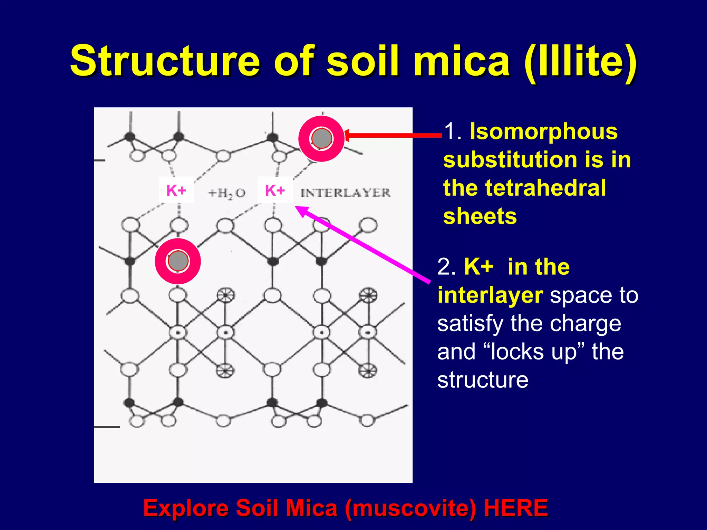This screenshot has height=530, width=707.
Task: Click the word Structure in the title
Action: (165, 61)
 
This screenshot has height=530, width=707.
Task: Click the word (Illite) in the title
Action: (580, 61)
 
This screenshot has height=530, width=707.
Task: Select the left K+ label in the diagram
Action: (176, 190)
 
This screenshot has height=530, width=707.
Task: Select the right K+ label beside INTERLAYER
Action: (275, 190)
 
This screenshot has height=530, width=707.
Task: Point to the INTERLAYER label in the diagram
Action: (345, 193)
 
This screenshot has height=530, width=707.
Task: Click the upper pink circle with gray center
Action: (321, 138)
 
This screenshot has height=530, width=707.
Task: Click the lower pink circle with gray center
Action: (178, 261)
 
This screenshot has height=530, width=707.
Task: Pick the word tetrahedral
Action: (545, 188)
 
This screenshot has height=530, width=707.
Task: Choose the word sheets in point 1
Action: (480, 216)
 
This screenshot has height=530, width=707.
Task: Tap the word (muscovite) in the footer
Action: (410, 508)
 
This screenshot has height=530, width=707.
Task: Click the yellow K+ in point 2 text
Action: (478, 267)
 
